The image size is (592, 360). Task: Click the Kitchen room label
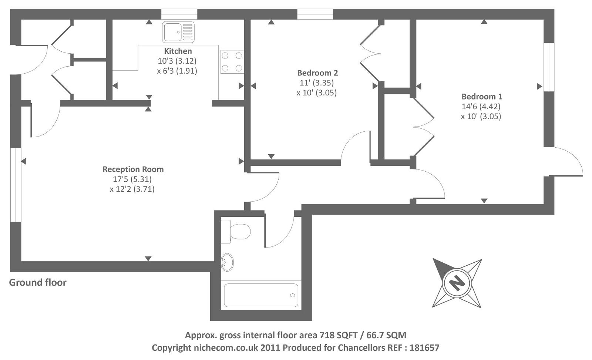pyautogui.click(x=178, y=51)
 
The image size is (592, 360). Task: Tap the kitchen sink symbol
pyautogui.click(x=178, y=32)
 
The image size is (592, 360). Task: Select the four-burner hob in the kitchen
pyautogui.click(x=232, y=62)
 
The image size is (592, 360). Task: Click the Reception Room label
pyautogui.click(x=133, y=169)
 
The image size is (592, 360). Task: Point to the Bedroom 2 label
pyautogui.click(x=317, y=73)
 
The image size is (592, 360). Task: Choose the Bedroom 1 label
pyautogui.click(x=482, y=97)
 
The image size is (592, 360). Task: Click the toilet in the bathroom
pyautogui.click(x=235, y=232)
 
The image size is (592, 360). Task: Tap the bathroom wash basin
pyautogui.click(x=227, y=262)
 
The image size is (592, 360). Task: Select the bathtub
pyautogui.click(x=261, y=295)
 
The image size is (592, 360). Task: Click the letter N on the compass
pyautogui.click(x=457, y=283)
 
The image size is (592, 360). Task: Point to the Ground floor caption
pyautogui.click(x=38, y=282)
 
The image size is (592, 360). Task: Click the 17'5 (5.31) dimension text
pyautogui.click(x=132, y=179)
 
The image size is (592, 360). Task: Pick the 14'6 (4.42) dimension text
pyautogui.click(x=481, y=107)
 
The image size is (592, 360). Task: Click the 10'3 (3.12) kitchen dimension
pyautogui.click(x=177, y=61)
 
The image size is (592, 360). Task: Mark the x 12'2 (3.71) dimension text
pyautogui.click(x=132, y=189)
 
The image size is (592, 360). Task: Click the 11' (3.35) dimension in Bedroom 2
pyautogui.click(x=317, y=83)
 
